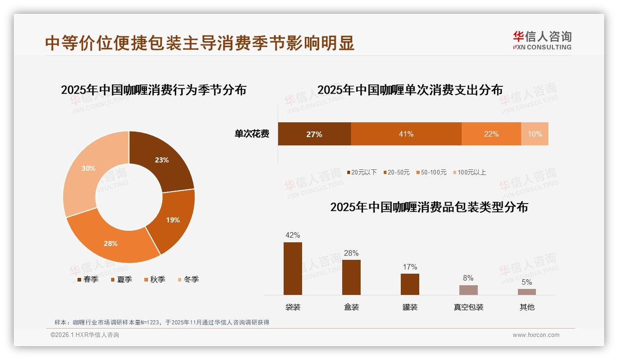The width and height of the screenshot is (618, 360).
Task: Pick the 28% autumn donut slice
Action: (111, 243)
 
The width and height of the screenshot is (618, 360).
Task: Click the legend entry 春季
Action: (87, 279)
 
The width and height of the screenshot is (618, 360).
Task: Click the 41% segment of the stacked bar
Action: (406, 134)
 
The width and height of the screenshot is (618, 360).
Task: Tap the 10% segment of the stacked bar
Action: (535, 134)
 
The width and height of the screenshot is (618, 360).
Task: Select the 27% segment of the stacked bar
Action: (314, 134)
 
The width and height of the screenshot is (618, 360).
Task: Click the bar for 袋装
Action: (293, 269)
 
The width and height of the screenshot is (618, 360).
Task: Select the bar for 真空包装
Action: (469, 290)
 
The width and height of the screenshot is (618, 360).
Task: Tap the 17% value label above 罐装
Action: (410, 267)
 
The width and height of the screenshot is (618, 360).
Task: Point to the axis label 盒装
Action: (351, 307)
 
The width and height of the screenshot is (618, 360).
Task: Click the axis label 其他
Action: (527, 307)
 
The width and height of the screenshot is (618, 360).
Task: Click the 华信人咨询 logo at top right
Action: (542, 40)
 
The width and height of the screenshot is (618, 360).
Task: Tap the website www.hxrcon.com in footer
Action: (536, 335)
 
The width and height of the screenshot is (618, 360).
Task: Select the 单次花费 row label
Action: (252, 134)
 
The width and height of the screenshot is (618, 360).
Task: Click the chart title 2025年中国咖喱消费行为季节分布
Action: (154, 90)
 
